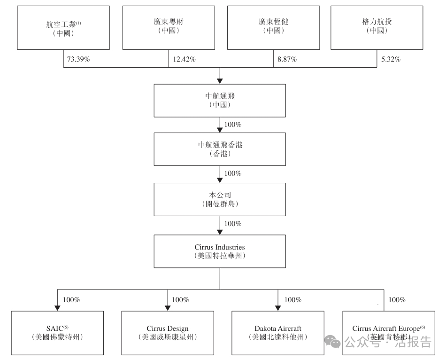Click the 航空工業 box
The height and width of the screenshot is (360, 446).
pos(63,27)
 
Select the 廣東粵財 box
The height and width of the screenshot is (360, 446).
pos(169,27)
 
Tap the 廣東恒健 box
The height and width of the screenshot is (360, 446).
pos(274,27)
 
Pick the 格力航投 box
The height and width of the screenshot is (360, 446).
pos(377,27)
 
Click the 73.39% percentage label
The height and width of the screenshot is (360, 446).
pos(79,59)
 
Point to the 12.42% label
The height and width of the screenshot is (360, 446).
pos(184,59)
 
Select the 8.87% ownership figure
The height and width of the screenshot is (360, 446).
pos(287,59)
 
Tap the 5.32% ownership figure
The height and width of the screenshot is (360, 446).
pos(391,59)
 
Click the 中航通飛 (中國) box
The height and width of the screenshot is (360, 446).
pos(220,100)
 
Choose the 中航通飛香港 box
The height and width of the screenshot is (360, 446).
pos(220,149)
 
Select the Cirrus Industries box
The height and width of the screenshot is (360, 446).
pos(220,251)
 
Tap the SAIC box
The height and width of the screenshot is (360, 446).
pos(57,332)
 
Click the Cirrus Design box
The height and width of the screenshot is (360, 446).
pos(168,332)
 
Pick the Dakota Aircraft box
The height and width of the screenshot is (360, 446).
pos(278,332)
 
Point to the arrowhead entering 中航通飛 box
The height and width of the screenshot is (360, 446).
pos(220,81)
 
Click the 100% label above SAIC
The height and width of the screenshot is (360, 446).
pos(71,300)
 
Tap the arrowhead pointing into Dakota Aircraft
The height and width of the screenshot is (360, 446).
pos(278,307)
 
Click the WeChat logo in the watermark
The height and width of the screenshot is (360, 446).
pos(335,342)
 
